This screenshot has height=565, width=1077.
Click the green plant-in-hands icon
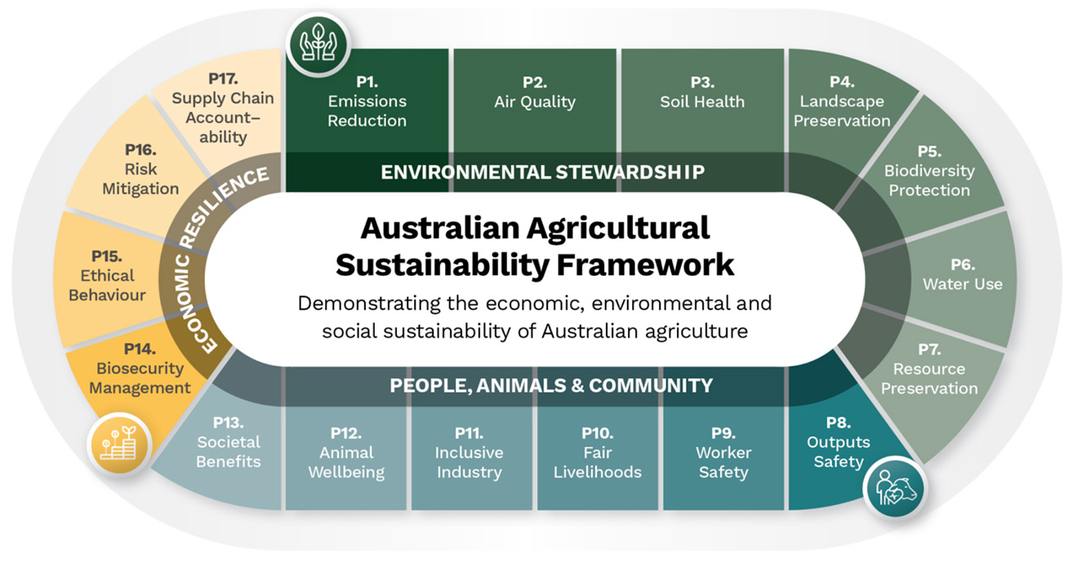pyautogui.click(x=318, y=44)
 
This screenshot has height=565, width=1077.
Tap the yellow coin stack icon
pyautogui.click(x=119, y=444)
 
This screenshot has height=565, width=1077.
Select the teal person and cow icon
pyautogui.click(x=895, y=487)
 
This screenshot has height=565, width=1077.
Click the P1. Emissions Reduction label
pyautogui.click(x=367, y=101)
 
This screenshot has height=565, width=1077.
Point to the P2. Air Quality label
pyautogui.click(x=535, y=92)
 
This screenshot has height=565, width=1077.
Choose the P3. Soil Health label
pyautogui.click(x=702, y=92)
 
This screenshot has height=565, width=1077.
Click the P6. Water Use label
pyautogui.click(x=963, y=274)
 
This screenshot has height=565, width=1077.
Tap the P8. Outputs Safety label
pyautogui.click(x=839, y=443)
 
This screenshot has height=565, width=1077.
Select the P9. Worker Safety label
pyautogui.click(x=723, y=453)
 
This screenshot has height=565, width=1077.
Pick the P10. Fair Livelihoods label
pyautogui.click(x=598, y=453)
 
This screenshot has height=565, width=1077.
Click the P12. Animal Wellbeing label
pyautogui.click(x=346, y=453)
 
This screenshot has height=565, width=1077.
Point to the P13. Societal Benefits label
pyautogui.click(x=229, y=443)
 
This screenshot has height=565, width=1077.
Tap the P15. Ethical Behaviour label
pyautogui.click(x=107, y=275)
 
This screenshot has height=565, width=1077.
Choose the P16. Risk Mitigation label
pyautogui.click(x=140, y=169)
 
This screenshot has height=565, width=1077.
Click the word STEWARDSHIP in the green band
pyautogui.click(x=630, y=172)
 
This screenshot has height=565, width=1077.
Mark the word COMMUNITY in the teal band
pyautogui.click(x=651, y=385)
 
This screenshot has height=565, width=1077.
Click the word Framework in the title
pyautogui.click(x=645, y=265)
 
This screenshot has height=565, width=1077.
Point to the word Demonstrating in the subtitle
pyautogui.click(x=388, y=305)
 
